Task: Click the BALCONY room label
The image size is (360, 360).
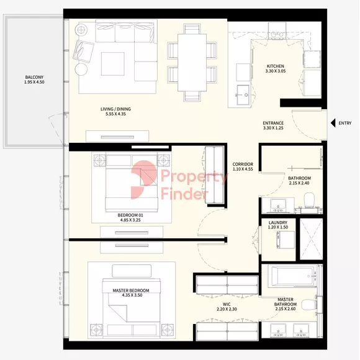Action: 34,77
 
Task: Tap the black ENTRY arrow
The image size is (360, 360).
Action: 333,123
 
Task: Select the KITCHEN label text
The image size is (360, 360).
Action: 276,66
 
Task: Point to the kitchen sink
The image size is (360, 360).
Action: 243,94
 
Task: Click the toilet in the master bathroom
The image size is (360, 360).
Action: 309,305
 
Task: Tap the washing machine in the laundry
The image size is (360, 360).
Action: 286,240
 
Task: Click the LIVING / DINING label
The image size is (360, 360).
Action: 115,109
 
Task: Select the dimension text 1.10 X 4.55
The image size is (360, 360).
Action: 243,169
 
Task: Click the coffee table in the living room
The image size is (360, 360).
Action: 113,64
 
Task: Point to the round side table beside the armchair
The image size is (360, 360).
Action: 81,70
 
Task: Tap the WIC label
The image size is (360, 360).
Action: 227,304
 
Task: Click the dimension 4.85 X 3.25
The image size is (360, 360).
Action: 130,220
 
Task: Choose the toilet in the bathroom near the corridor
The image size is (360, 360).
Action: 309,200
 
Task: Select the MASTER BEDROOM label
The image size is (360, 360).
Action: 131,290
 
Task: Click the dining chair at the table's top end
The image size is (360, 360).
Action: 192,29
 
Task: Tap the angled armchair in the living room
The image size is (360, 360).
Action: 83,52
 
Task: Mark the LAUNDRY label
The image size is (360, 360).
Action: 278,222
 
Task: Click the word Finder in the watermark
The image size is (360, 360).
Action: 184,194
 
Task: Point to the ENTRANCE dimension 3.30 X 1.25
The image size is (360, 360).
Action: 273,128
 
